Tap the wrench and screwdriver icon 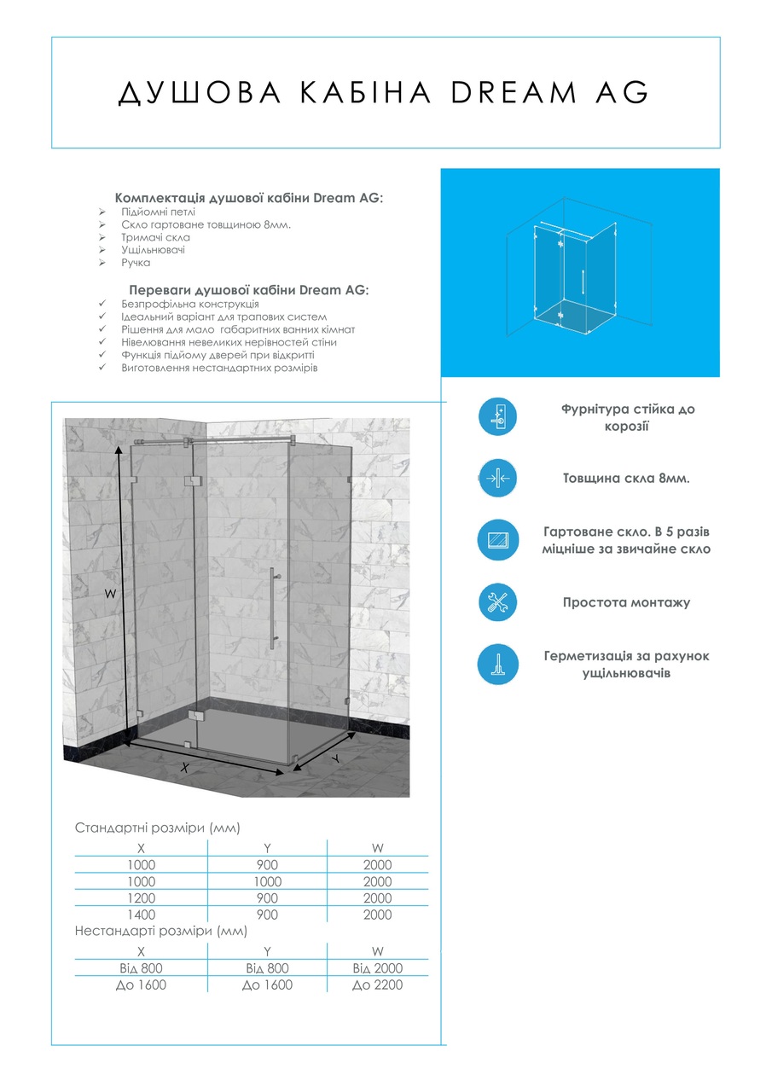(x=497, y=602)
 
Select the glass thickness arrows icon (x=497, y=479)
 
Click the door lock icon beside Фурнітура (x=497, y=416)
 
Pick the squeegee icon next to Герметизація (x=497, y=665)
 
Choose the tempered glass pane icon (x=497, y=540)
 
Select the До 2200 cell (x=377, y=985)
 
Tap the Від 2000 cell (x=377, y=968)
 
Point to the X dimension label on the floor (x=184, y=767)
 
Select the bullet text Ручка (x=135, y=263)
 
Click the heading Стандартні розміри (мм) (x=158, y=828)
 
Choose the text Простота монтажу (x=626, y=602)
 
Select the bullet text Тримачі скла (x=155, y=237)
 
